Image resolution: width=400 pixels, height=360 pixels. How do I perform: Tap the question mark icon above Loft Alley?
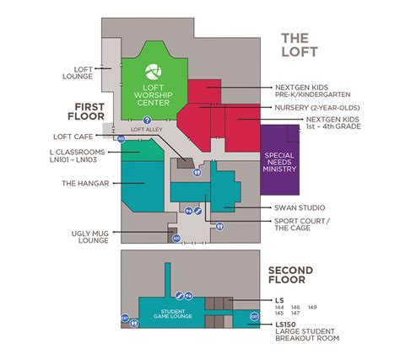click(x=146, y=121)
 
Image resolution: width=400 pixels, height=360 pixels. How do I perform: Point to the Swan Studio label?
click(x=299, y=207)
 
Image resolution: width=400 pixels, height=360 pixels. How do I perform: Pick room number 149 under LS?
click(x=311, y=306)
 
